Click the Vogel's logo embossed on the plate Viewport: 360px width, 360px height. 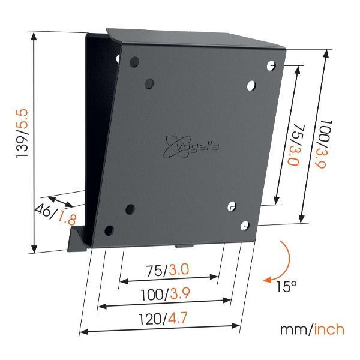tap(191, 146)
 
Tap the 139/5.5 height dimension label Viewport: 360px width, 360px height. tap(22, 133)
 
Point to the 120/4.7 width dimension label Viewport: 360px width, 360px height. tap(163, 319)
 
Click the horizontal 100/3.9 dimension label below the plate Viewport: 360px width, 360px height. tap(166, 294)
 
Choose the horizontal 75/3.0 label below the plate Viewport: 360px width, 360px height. tap(167, 270)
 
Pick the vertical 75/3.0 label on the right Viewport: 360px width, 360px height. tap(297, 145)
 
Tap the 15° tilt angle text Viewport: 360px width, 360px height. tap(286, 286)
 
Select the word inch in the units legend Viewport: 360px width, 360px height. tap(329, 329)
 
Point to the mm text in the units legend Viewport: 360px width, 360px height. tap(295, 331)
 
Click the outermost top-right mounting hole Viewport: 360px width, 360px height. tap(271, 65)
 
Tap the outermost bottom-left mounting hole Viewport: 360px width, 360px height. tap(109, 230)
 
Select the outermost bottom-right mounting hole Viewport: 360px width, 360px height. tap(245, 226)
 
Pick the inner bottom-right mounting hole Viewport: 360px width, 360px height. tap(232, 206)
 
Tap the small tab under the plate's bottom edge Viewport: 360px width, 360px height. tap(184, 246)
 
